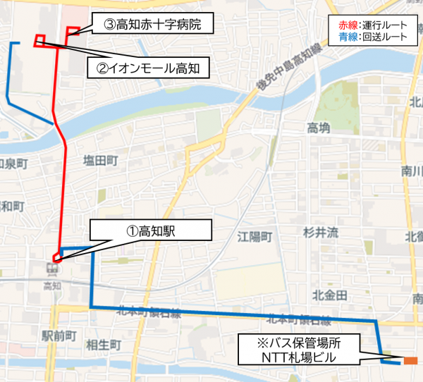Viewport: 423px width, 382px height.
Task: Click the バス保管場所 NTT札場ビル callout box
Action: pyautogui.click(x=300, y=350)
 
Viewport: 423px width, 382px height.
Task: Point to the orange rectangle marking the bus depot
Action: pyautogui.click(x=410, y=362)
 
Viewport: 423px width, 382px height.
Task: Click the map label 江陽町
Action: pyautogui.click(x=255, y=236)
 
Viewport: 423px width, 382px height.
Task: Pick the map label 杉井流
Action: pyautogui.click(x=321, y=232)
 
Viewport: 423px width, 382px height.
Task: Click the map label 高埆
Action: pyautogui.click(x=319, y=128)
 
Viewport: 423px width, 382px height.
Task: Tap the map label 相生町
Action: pyautogui.click(x=104, y=345)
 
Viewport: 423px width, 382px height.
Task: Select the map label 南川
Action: pyautogui.click(x=412, y=171)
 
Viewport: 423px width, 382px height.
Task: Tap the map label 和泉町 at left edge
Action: pyautogui.click(x=13, y=164)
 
